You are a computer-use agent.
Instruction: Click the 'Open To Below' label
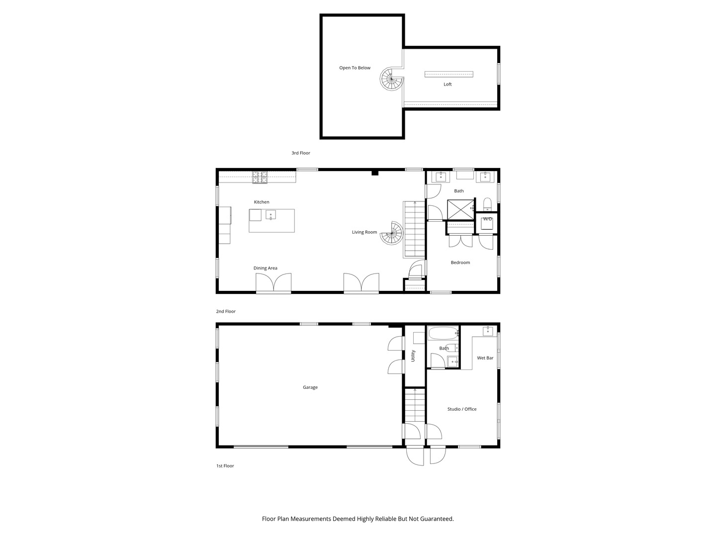click(x=355, y=68)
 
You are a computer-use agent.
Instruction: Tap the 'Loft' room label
click(x=447, y=85)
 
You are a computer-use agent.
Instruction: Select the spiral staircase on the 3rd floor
click(x=391, y=79)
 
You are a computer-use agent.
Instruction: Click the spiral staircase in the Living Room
click(x=392, y=233)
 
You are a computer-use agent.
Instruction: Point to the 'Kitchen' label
click(x=262, y=202)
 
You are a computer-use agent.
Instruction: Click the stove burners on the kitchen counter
click(x=260, y=177)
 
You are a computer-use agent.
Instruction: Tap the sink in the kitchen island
click(x=270, y=215)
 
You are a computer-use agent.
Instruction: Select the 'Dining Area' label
click(x=265, y=268)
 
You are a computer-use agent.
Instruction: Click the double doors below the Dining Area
click(x=273, y=283)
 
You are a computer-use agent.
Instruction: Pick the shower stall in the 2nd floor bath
click(x=460, y=209)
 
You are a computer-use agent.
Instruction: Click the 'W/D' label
click(x=487, y=219)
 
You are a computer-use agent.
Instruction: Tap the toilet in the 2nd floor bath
click(x=487, y=204)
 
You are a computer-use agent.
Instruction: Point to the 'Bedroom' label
click(x=460, y=263)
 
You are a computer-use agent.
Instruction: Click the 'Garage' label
click(x=310, y=387)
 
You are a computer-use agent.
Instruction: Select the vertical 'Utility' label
click(x=413, y=356)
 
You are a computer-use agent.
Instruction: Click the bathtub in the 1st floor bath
click(x=443, y=333)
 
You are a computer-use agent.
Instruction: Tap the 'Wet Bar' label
click(x=485, y=358)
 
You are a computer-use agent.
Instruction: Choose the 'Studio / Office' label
click(x=461, y=409)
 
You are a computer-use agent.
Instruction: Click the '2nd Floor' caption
click(x=225, y=312)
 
